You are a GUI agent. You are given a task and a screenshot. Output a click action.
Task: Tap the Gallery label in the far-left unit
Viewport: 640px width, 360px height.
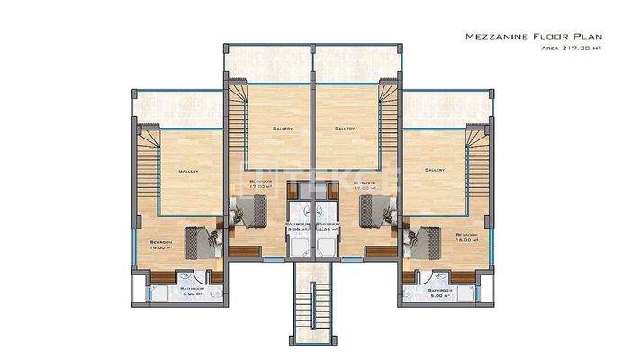188,170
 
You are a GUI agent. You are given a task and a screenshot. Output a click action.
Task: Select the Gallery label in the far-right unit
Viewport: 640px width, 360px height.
436,170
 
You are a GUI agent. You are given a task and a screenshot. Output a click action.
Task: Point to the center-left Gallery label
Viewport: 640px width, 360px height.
283,130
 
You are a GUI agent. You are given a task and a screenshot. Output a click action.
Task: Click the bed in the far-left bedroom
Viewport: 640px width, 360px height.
205,243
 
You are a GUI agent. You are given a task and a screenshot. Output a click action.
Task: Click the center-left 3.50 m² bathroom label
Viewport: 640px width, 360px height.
297,230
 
